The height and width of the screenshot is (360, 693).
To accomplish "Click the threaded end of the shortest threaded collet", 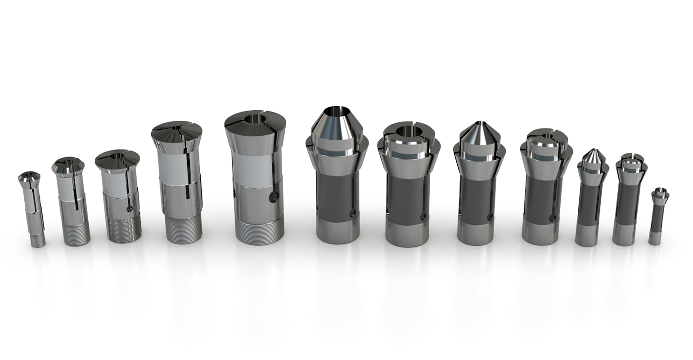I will point(38,238).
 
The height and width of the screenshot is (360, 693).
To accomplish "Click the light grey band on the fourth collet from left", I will point(178,170).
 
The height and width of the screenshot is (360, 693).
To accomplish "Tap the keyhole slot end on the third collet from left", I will point(130,208).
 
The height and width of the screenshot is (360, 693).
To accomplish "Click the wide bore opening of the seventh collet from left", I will point(405,131).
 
